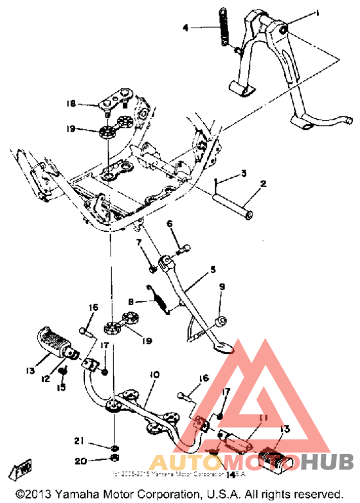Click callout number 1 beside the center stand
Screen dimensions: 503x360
[x=316, y=13]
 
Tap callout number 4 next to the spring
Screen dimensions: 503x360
[x=186, y=28]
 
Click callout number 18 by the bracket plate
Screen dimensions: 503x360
[x=71, y=103]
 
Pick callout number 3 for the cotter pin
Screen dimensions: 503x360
[x=244, y=173]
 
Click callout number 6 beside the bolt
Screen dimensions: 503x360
[x=170, y=224]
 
